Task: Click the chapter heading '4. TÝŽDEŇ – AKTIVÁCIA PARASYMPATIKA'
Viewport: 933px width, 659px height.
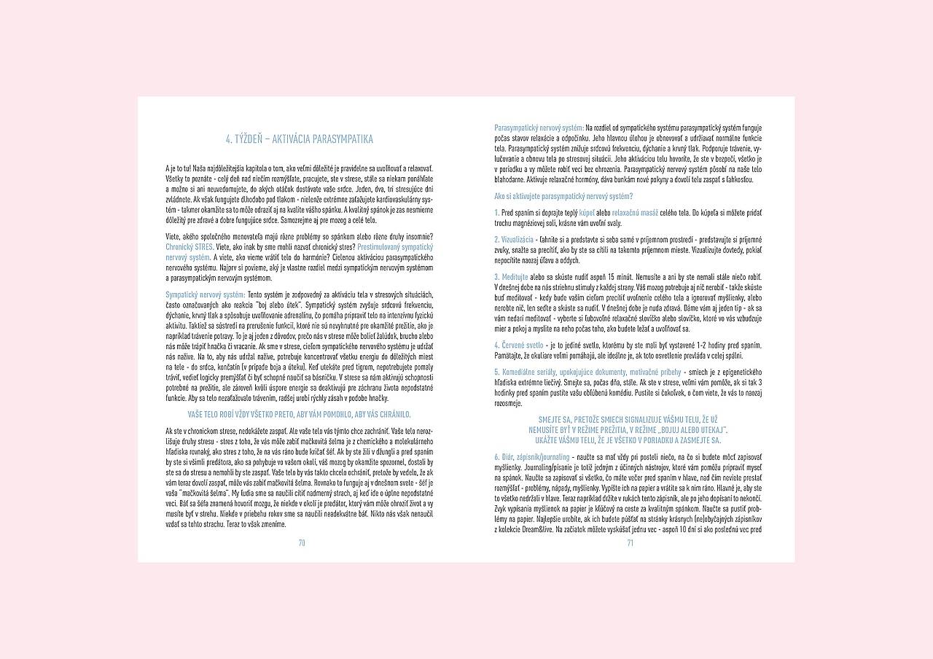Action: [x=300, y=139]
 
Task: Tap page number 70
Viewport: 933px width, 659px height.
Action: [x=301, y=542]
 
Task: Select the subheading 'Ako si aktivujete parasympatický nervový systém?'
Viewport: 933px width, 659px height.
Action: [x=563, y=196]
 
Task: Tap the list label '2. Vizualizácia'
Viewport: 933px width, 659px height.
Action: [x=513, y=239]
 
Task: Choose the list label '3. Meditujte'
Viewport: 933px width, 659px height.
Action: [x=511, y=277]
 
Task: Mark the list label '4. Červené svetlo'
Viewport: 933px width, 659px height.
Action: [x=518, y=344]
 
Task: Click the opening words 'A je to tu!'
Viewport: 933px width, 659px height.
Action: [x=179, y=168]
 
